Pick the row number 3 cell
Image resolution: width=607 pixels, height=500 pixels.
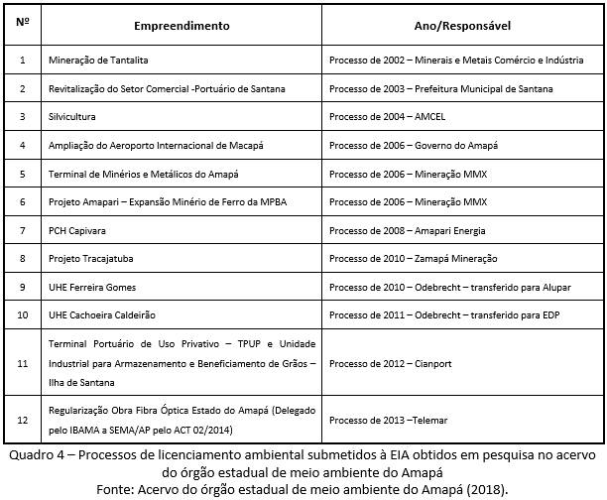(22, 117)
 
